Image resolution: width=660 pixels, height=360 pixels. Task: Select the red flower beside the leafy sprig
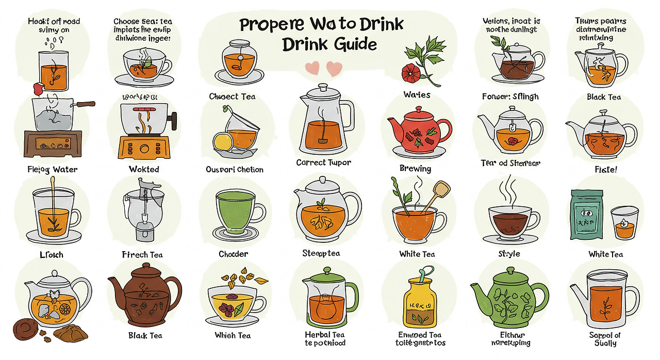[411, 73]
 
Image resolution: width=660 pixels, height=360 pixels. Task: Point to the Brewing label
[415, 169]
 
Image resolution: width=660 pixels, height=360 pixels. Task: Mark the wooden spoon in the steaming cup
[436, 194]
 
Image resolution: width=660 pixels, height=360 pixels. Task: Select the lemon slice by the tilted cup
[223, 140]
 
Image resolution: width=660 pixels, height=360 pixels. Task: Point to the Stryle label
[509, 254]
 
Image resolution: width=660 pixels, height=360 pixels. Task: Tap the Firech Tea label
[142, 254]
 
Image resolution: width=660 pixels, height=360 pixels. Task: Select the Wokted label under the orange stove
[144, 169]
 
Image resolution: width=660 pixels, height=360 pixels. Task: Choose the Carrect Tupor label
[323, 162]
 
